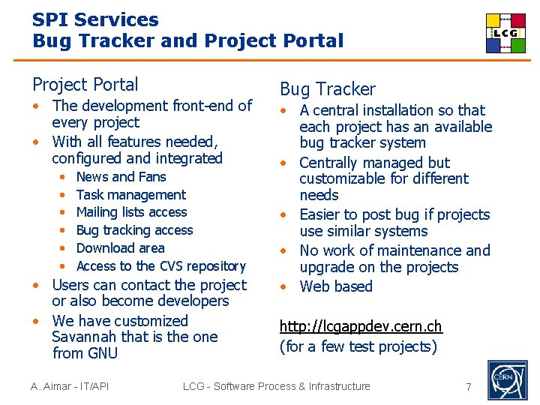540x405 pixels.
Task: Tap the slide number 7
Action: tap(469, 387)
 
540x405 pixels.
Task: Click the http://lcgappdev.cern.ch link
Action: tap(361, 326)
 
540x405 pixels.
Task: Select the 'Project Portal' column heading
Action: tap(85, 85)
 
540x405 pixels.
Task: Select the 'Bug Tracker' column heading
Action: tap(327, 89)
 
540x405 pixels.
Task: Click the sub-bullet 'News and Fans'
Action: tap(121, 177)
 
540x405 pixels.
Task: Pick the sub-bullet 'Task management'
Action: tap(130, 195)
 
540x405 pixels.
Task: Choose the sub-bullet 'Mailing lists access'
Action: tap(131, 212)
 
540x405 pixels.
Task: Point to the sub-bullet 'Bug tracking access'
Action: tap(134, 230)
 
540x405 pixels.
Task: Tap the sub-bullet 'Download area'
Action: tap(120, 248)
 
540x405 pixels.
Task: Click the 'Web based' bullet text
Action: tap(336, 286)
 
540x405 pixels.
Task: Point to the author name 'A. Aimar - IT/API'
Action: tap(70, 386)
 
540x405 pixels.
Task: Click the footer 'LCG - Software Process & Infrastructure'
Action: tap(277, 386)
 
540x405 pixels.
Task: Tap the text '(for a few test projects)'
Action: tap(358, 346)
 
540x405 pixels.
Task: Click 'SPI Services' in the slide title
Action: tap(95, 20)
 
